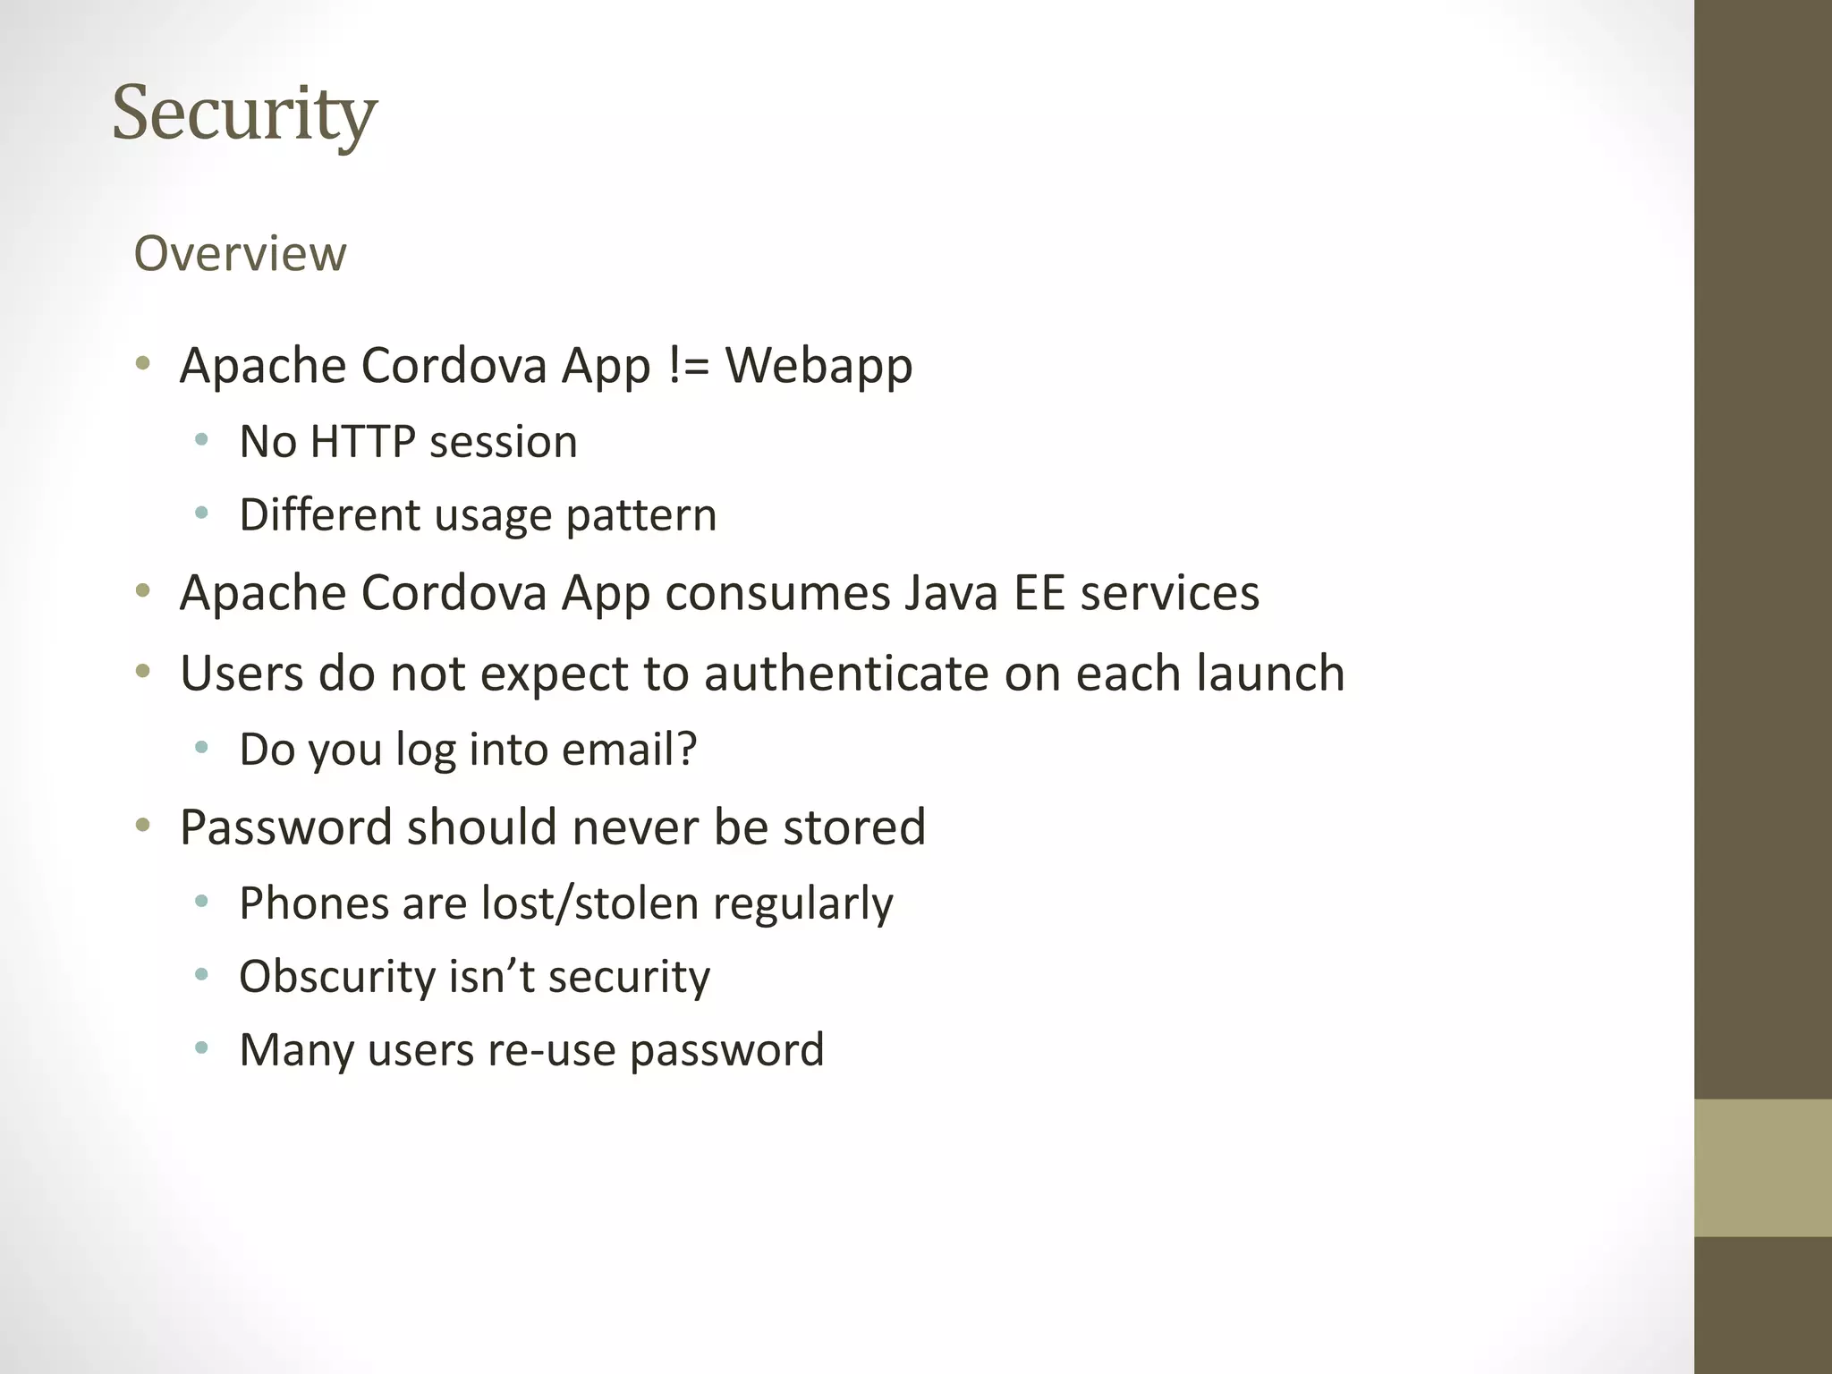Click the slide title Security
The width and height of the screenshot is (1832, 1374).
point(244,114)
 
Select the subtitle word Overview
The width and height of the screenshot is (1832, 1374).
point(240,253)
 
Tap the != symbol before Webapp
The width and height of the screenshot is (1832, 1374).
point(688,365)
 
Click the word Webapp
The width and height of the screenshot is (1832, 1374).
point(818,367)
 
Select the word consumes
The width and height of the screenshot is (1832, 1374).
point(777,594)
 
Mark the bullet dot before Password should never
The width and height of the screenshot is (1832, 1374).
point(143,826)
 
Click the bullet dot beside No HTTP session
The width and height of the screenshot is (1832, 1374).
point(201,440)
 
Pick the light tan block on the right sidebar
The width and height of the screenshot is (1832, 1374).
point(1762,1167)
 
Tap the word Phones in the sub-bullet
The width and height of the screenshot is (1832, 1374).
point(313,903)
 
